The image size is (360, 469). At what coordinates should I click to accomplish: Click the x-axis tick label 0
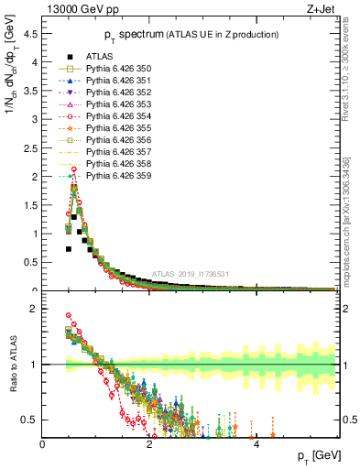point(43,444)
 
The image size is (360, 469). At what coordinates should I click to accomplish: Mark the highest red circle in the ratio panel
point(69,316)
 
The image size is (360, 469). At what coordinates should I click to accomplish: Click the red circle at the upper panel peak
point(73,169)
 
